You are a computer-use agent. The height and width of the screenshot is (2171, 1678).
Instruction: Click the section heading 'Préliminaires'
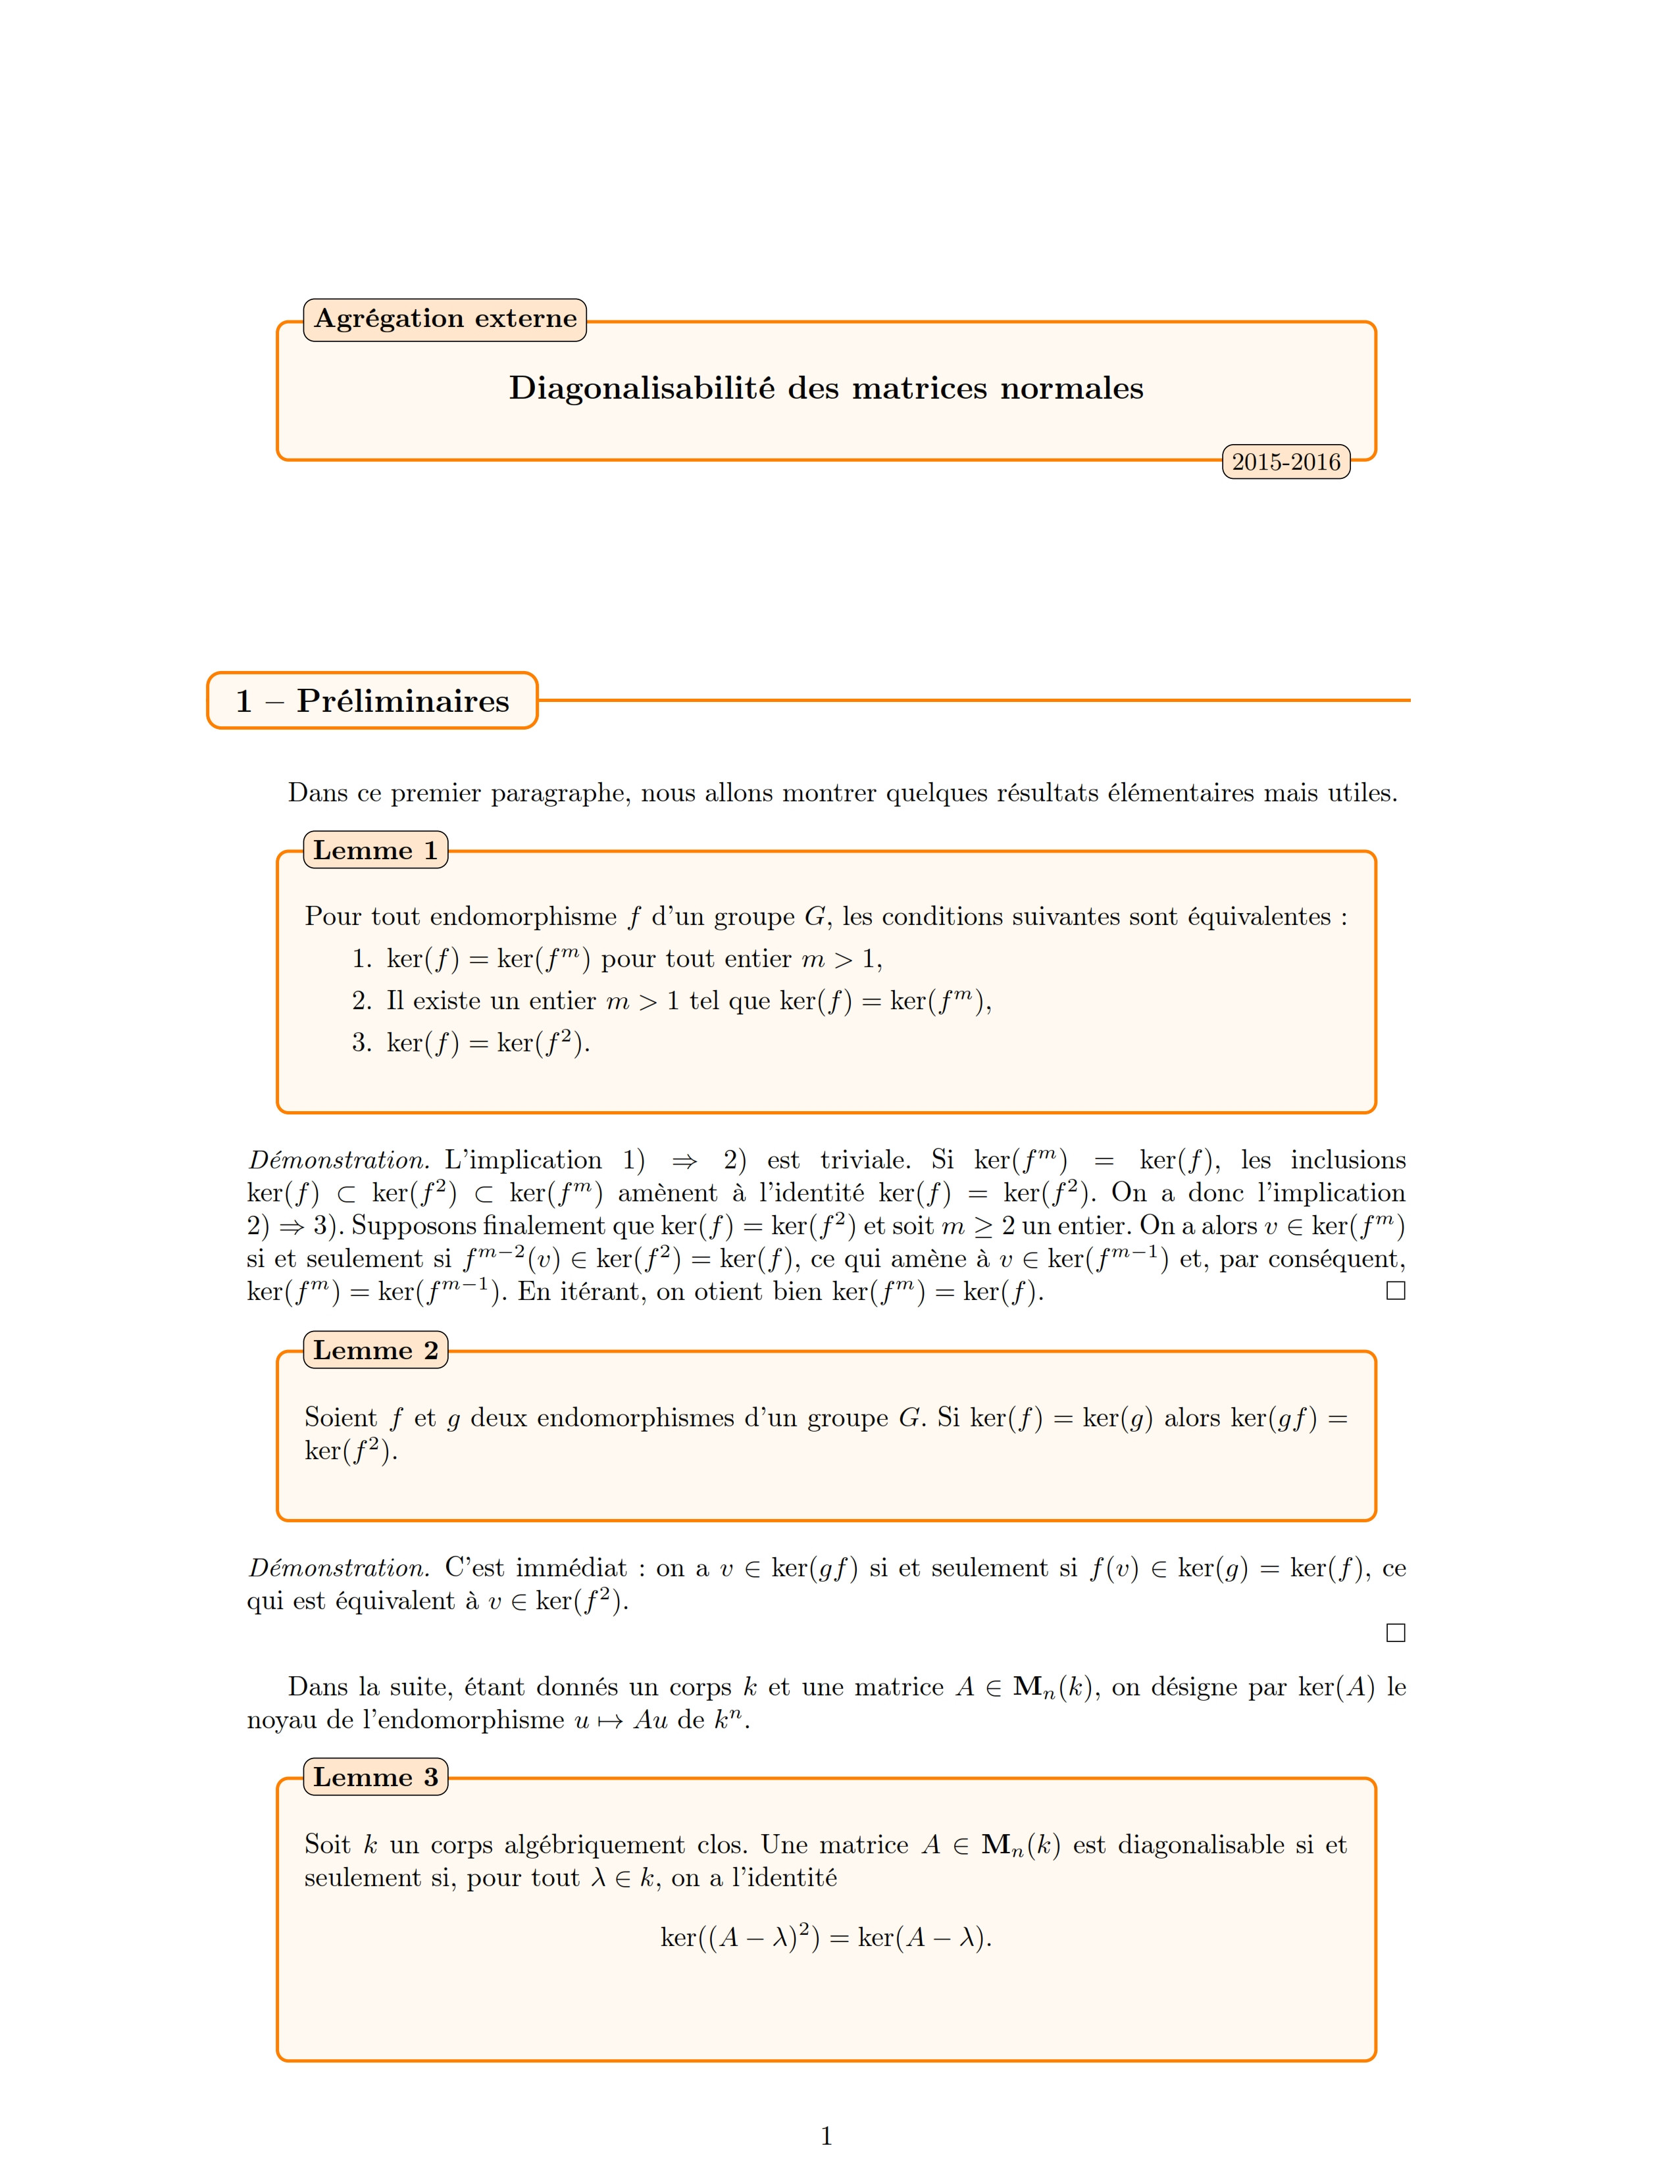tap(403, 701)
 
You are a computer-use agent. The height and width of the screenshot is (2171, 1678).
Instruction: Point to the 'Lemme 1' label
tap(375, 851)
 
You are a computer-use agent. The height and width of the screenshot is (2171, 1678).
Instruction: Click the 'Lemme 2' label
tap(375, 1351)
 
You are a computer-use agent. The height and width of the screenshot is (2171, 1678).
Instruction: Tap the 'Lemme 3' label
tap(375, 1778)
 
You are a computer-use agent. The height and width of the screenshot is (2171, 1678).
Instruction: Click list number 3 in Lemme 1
tap(361, 1043)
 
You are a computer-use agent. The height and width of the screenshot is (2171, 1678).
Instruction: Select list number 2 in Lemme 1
tap(361, 1001)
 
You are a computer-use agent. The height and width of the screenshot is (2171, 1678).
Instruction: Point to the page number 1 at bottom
tap(826, 2135)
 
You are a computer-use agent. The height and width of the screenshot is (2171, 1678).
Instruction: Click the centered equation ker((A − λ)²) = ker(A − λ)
tap(826, 1937)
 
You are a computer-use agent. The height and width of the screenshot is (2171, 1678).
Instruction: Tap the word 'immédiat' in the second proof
tap(571, 1568)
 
